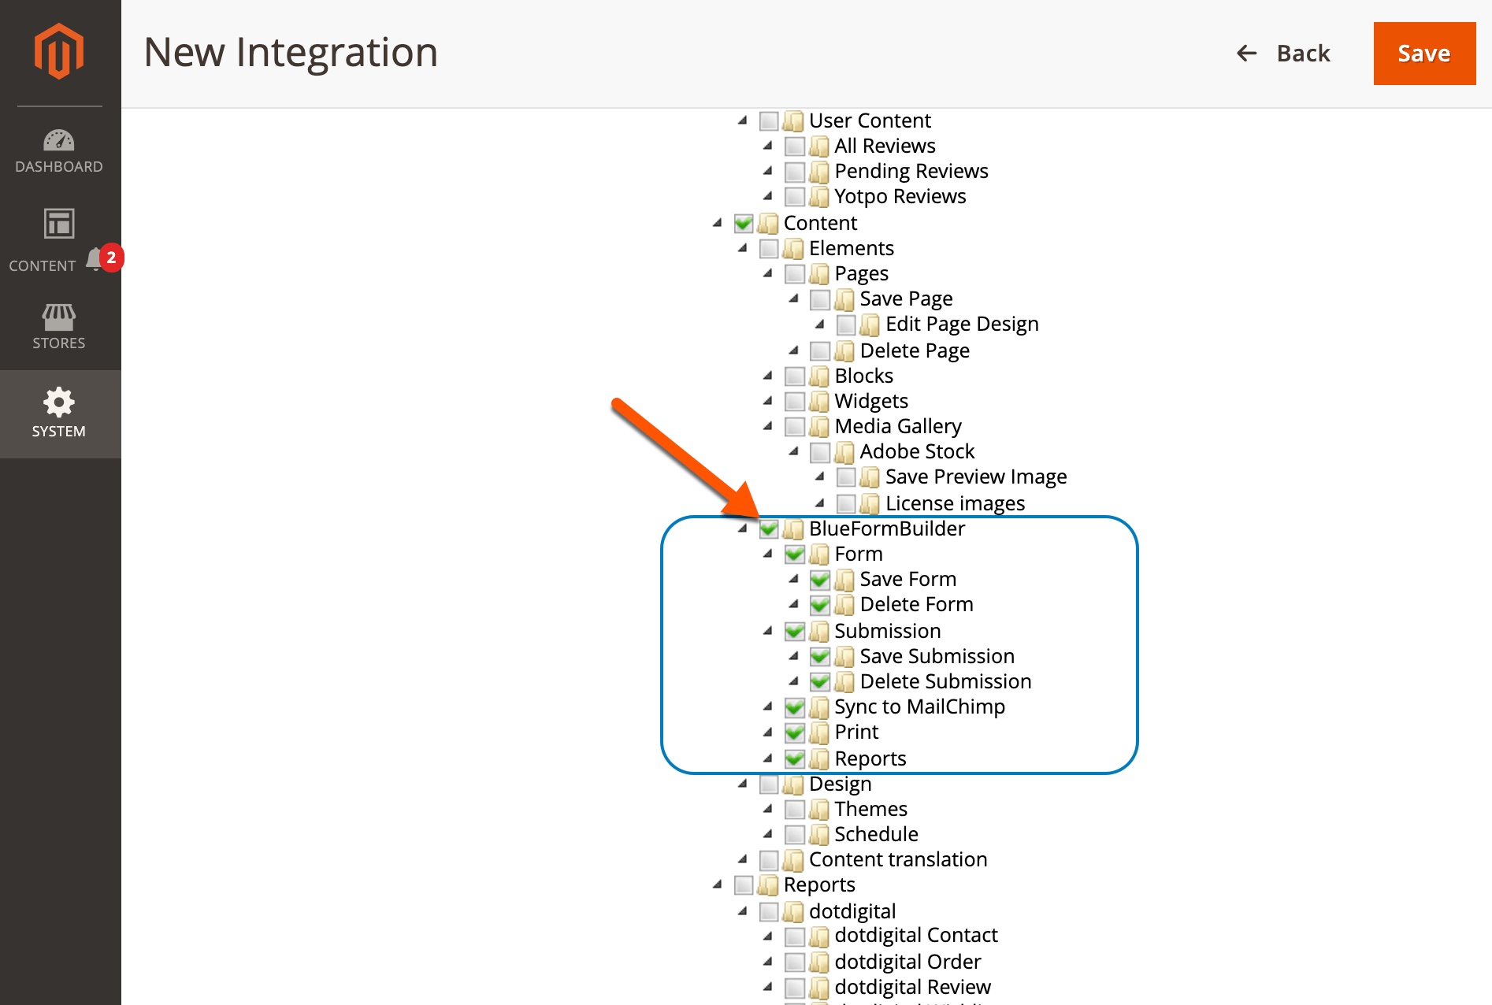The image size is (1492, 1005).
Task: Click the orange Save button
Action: (1423, 54)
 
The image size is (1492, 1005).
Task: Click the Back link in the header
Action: (1284, 54)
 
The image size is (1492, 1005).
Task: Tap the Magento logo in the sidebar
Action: (59, 52)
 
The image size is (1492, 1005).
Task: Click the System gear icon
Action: (59, 402)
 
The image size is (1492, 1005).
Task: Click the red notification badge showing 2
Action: (112, 258)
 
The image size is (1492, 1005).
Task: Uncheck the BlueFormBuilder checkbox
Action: (769, 529)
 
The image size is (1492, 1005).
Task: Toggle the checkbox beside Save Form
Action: (820, 580)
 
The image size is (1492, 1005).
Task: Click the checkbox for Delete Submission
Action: (820, 682)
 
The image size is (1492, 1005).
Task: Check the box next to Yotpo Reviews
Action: (795, 197)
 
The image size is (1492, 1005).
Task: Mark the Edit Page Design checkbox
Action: (846, 325)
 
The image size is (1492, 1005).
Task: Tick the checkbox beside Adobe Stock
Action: (820, 452)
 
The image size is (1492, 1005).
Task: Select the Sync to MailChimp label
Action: (919, 707)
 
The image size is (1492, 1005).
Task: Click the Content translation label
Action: (898, 860)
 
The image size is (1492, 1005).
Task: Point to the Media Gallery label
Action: (898, 427)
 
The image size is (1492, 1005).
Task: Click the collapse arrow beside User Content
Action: (742, 121)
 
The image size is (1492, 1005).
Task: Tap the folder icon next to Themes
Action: (819, 810)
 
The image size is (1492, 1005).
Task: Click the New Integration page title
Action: (291, 53)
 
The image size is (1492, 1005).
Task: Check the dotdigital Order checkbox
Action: (795, 962)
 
